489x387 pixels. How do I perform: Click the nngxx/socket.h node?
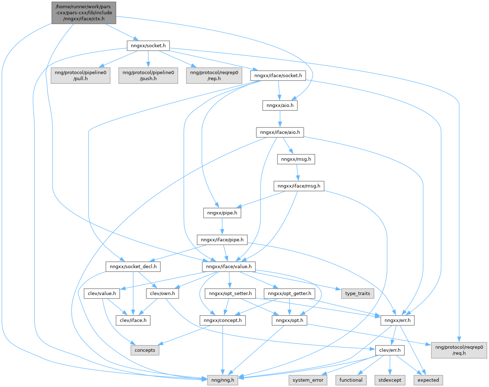tap(148, 45)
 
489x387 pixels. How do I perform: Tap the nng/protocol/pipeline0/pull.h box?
tap(80, 75)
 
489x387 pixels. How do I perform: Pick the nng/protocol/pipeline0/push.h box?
tap(148, 75)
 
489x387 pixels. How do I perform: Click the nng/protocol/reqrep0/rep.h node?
tap(214, 75)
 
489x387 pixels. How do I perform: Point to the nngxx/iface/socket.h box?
tap(278, 75)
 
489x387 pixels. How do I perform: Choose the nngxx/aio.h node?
tap(280, 105)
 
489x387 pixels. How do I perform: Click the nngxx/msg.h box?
tap(296, 159)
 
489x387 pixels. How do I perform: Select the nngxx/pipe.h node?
tap(222, 213)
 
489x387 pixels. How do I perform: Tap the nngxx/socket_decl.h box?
tap(133, 266)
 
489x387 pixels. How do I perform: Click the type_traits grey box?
tap(358, 293)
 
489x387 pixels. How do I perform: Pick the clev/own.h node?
tap(162, 293)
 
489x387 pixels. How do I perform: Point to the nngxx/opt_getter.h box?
tap(289, 293)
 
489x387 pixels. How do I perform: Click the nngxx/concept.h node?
tap(222, 320)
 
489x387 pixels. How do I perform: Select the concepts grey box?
tap(145, 350)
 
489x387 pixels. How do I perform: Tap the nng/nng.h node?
tap(222, 380)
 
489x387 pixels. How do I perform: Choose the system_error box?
tap(308, 380)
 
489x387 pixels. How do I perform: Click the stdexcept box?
tap(389, 380)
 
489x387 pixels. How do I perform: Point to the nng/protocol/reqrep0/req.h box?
tap(459, 350)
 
